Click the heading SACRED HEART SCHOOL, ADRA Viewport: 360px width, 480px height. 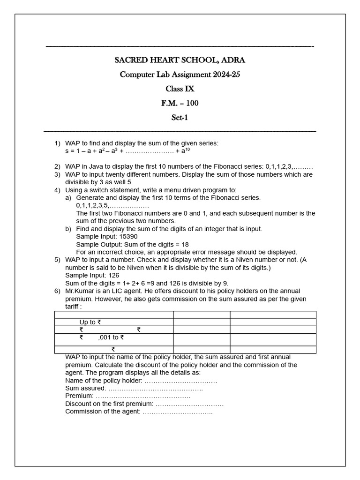[180, 60]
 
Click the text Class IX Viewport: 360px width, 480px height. [180, 89]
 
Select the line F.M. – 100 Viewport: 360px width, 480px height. [180, 103]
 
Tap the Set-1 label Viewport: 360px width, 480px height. [180, 118]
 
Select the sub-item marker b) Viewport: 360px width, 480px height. [68, 229]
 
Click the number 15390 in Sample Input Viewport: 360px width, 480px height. [128, 237]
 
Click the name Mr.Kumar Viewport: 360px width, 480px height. [80, 291]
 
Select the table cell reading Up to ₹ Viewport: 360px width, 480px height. [90, 322]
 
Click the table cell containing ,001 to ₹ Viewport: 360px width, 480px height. [111, 337]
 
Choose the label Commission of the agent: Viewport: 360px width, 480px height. [103, 411]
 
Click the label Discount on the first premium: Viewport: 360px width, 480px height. [109, 404]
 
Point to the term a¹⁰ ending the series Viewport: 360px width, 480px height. [186, 151]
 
